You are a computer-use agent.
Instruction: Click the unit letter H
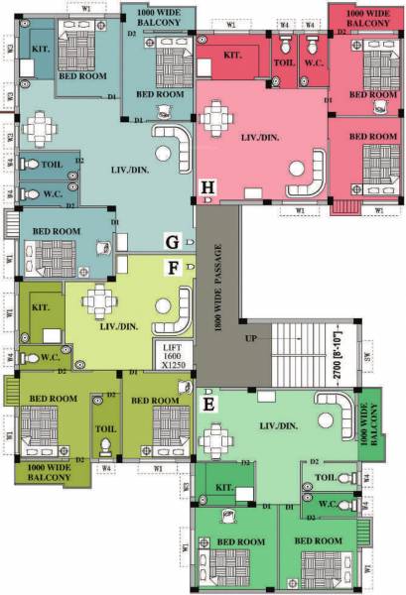click(x=207, y=186)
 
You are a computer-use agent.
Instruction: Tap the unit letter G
click(x=172, y=241)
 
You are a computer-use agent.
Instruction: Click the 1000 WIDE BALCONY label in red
click(x=367, y=15)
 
